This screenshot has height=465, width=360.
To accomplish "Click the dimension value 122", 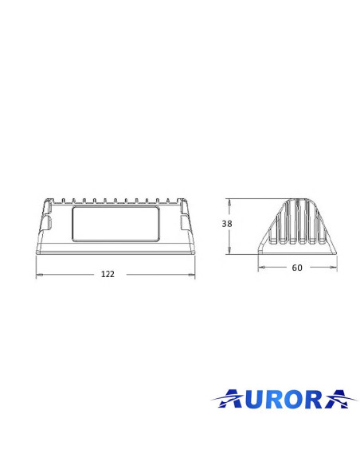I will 108,274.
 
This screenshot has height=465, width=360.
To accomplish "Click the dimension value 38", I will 227,225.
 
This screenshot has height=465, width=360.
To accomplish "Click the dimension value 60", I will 296,268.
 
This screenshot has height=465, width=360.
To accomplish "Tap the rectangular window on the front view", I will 115,225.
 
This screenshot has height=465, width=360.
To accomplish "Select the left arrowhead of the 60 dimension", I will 260,268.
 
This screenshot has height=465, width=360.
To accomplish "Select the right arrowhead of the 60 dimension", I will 334,268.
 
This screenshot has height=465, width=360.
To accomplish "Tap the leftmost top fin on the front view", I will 63,200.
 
